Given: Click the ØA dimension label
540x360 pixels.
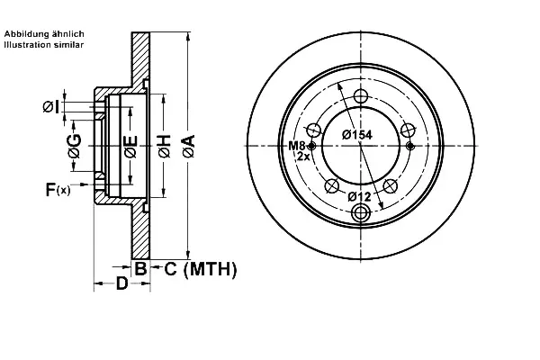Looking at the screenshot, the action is pyautogui.click(x=189, y=146).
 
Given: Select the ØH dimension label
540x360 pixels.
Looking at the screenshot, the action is pyautogui.click(x=165, y=146).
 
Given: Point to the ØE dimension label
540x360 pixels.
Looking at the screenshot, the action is pyautogui.click(x=131, y=147).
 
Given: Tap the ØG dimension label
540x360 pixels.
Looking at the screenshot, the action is pyautogui.click(x=75, y=146).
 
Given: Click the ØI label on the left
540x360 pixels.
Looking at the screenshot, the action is pyautogui.click(x=51, y=107).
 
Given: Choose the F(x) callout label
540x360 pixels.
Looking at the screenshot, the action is pyautogui.click(x=58, y=189).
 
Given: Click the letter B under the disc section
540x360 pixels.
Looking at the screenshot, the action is pyautogui.click(x=140, y=268).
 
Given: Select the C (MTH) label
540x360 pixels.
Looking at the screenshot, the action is pyautogui.click(x=201, y=269).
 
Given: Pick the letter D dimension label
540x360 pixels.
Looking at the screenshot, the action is pyautogui.click(x=121, y=283).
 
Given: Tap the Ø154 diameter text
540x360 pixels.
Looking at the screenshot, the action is pyautogui.click(x=357, y=135).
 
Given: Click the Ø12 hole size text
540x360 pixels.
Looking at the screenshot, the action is pyautogui.click(x=359, y=197).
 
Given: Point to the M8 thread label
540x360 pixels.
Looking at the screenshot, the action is pyautogui.click(x=296, y=146).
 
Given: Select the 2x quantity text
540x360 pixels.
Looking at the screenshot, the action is pyautogui.click(x=304, y=157).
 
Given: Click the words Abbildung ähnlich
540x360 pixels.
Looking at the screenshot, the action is pyautogui.click(x=44, y=34).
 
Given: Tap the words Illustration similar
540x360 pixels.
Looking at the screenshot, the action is pyautogui.click(x=44, y=44).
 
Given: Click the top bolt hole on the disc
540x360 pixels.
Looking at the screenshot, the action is pyautogui.click(x=361, y=96).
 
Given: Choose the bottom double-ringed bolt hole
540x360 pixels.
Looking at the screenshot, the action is pyautogui.click(x=361, y=213).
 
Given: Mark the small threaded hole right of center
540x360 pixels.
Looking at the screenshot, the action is pyautogui.click(x=409, y=146).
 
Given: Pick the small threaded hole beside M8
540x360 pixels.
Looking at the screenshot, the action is pyautogui.click(x=311, y=146).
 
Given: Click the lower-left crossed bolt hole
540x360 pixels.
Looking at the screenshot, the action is pyautogui.click(x=332, y=186).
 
